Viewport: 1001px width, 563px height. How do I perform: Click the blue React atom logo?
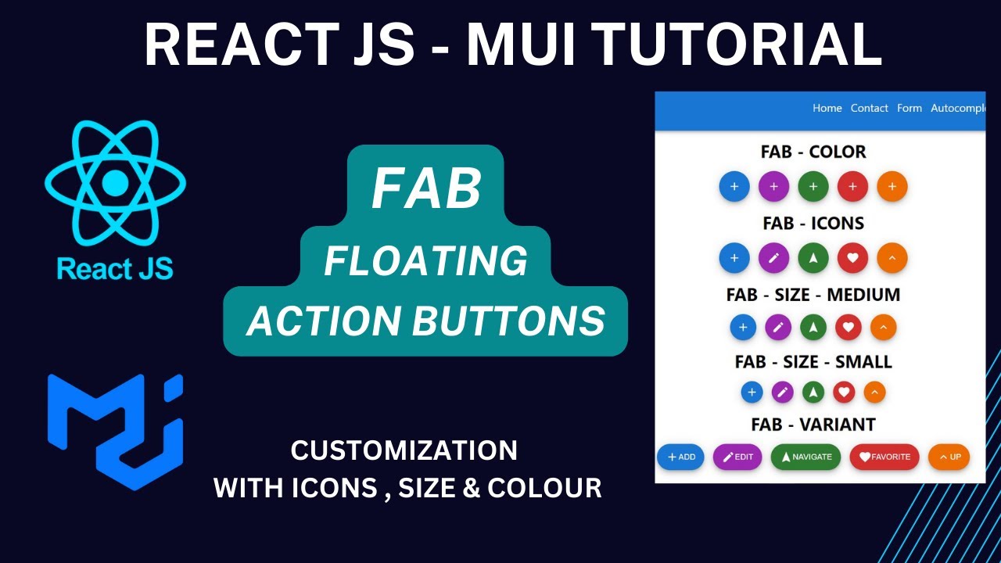click(x=115, y=182)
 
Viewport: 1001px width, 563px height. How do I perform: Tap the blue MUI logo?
click(x=115, y=432)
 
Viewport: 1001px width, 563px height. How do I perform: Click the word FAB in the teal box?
click(x=426, y=189)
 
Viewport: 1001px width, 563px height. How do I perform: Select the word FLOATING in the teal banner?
click(x=426, y=261)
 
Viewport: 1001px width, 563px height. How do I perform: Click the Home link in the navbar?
click(x=827, y=108)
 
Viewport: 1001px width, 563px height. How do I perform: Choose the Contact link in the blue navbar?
click(x=869, y=108)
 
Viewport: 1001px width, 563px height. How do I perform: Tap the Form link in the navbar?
click(x=909, y=108)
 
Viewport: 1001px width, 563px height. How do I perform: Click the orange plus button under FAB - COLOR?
click(x=892, y=187)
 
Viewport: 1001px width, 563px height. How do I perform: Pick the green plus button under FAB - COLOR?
click(x=813, y=187)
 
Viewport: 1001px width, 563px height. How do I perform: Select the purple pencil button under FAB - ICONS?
click(x=773, y=258)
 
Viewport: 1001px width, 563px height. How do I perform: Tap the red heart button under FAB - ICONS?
click(x=852, y=258)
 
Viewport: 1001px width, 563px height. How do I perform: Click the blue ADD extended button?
click(x=680, y=457)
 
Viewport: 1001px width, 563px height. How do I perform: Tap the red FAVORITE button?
click(x=884, y=457)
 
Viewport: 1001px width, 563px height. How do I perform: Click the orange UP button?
click(x=949, y=457)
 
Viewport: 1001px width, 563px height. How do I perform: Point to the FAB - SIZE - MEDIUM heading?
click(x=813, y=295)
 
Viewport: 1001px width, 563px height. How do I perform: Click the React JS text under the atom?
click(x=115, y=269)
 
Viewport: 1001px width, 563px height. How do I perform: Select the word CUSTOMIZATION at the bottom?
click(x=404, y=450)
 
